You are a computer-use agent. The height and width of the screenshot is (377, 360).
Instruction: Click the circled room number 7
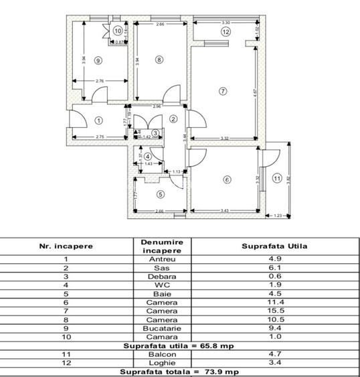[x=223, y=90]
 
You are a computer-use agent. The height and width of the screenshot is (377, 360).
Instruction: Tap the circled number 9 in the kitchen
[x=98, y=60]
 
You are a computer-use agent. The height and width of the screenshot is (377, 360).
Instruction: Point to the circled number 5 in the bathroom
[x=160, y=194]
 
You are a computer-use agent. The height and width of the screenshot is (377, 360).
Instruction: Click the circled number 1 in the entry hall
[x=98, y=121]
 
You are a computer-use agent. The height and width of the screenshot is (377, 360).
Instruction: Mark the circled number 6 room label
[x=227, y=179]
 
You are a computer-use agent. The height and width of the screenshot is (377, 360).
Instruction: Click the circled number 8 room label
[x=159, y=60]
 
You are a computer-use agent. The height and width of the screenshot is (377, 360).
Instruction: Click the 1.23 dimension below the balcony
[x=278, y=216]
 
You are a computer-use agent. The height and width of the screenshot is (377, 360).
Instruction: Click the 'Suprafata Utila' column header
[x=274, y=246]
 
